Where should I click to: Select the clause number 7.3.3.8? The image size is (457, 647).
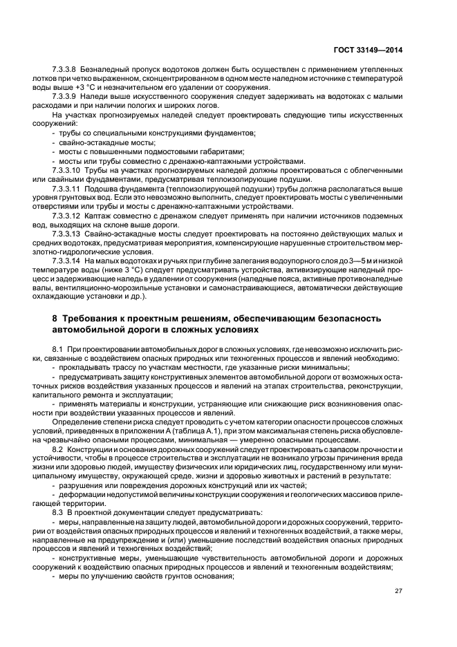point(65,70)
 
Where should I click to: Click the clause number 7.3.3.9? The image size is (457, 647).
point(65,96)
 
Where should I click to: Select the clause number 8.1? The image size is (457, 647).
point(58,349)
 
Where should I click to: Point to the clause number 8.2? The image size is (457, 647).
point(58,450)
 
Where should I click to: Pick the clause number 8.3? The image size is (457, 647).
point(58,512)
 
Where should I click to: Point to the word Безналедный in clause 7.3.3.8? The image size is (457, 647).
point(105,70)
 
